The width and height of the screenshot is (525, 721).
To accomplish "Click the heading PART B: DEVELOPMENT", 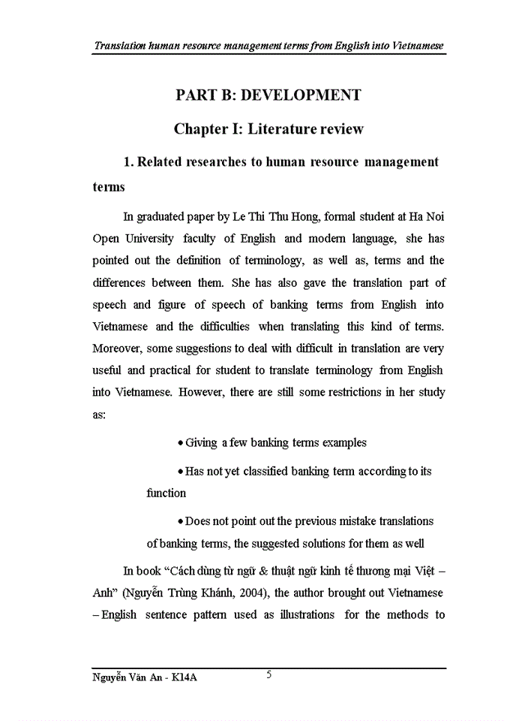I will pyautogui.click(x=268, y=95).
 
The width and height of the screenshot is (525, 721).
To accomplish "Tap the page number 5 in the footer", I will pyautogui.click(x=269, y=674).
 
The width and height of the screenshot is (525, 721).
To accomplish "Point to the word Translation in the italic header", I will pyautogui.click(x=123, y=47).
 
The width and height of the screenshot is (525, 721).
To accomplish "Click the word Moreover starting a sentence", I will pyautogui.click(x=117, y=348).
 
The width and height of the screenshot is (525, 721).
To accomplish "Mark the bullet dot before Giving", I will pyautogui.click(x=180, y=443).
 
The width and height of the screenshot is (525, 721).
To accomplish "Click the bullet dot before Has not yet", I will pyautogui.click(x=180, y=472).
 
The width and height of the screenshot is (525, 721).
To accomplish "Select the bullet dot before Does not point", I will pyautogui.click(x=180, y=522).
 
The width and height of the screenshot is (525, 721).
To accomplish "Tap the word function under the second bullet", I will pyautogui.click(x=166, y=493).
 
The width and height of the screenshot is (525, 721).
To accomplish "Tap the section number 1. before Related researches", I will pyautogui.click(x=128, y=162).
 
